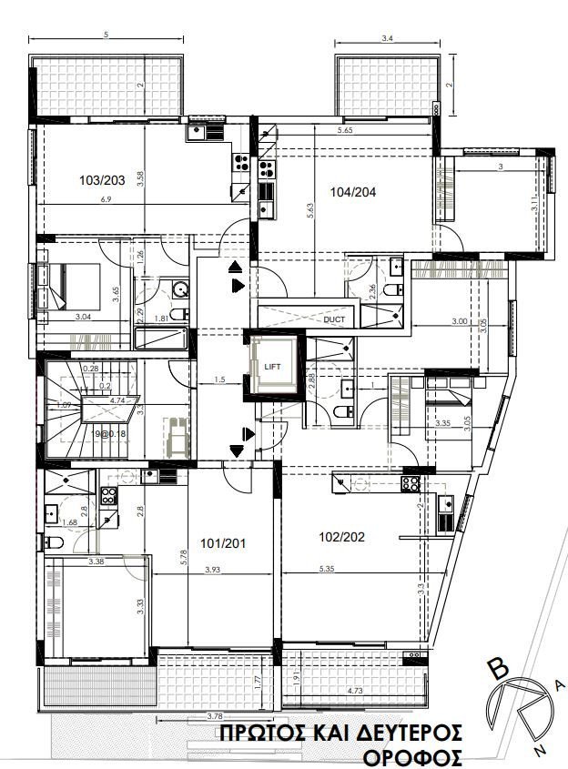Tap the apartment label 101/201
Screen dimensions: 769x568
pyautogui.click(x=223, y=544)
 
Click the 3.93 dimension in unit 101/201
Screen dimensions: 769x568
pyautogui.click(x=213, y=570)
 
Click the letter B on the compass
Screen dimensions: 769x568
pyautogui.click(x=498, y=670)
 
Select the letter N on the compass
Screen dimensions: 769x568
pyautogui.click(x=541, y=751)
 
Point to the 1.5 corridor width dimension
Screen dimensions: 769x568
pyautogui.click(x=219, y=379)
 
